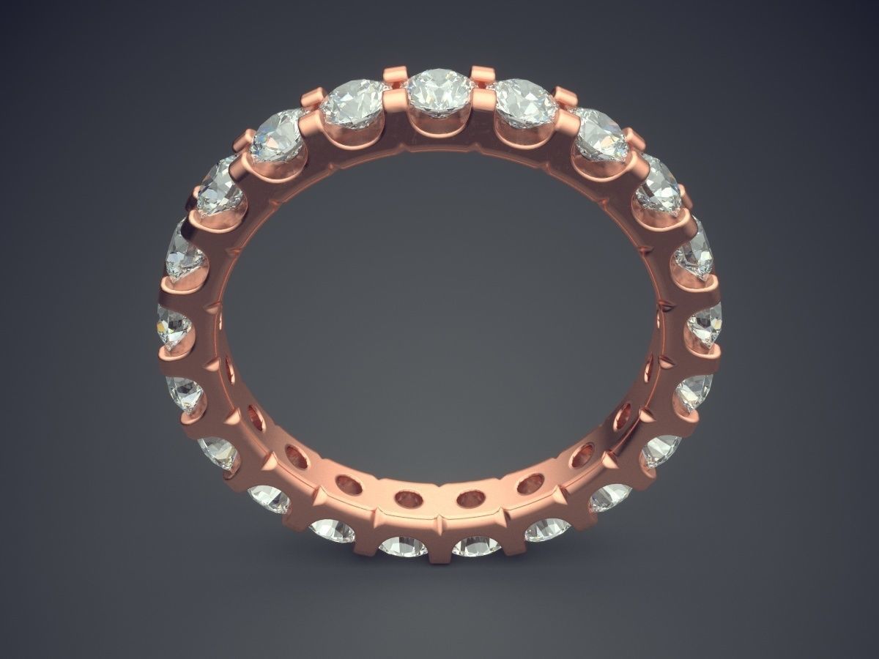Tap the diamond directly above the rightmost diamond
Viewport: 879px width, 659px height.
pyautogui.click(x=693, y=250)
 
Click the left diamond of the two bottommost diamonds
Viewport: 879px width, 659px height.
pyautogui.click(x=404, y=545)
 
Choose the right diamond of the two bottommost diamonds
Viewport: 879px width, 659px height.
pyautogui.click(x=476, y=545)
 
